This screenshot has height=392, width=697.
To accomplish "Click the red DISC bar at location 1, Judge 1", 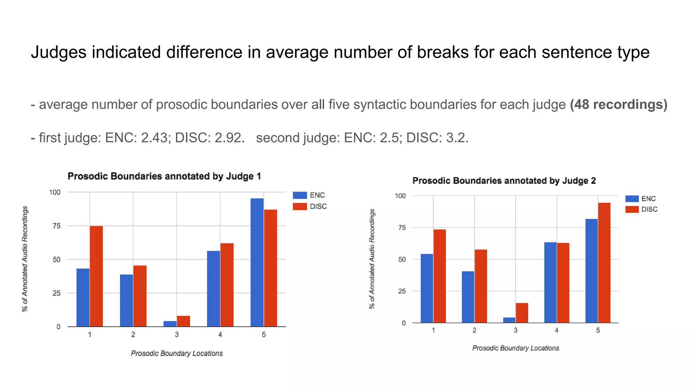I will click(96, 276).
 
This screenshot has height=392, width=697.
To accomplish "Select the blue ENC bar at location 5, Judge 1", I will click(257, 262).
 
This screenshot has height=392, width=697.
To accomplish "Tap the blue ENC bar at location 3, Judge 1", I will click(170, 324).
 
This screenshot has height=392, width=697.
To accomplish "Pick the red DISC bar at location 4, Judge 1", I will click(227, 285).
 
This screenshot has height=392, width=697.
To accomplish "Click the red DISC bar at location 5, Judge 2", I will click(604, 263).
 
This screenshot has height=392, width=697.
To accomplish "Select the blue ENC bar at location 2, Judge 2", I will click(468, 297).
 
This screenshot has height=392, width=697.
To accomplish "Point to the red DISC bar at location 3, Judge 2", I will click(522, 313).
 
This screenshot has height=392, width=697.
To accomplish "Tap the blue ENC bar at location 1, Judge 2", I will click(427, 288).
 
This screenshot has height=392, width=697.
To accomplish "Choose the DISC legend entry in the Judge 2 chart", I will click(641, 209).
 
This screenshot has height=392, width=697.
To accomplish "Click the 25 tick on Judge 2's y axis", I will click(402, 291).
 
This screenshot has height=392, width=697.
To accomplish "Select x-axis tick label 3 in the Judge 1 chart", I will click(177, 335).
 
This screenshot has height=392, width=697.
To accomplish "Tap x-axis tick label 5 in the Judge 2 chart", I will click(598, 330).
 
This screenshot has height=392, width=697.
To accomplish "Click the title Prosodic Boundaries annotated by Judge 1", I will click(164, 176).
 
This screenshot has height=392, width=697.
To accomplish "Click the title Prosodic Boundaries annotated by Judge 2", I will click(504, 181).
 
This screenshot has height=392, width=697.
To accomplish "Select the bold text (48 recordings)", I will click(618, 104).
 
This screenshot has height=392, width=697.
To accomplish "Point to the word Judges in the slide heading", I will click(58, 53).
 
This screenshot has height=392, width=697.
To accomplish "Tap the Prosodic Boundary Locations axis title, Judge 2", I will click(516, 348).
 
